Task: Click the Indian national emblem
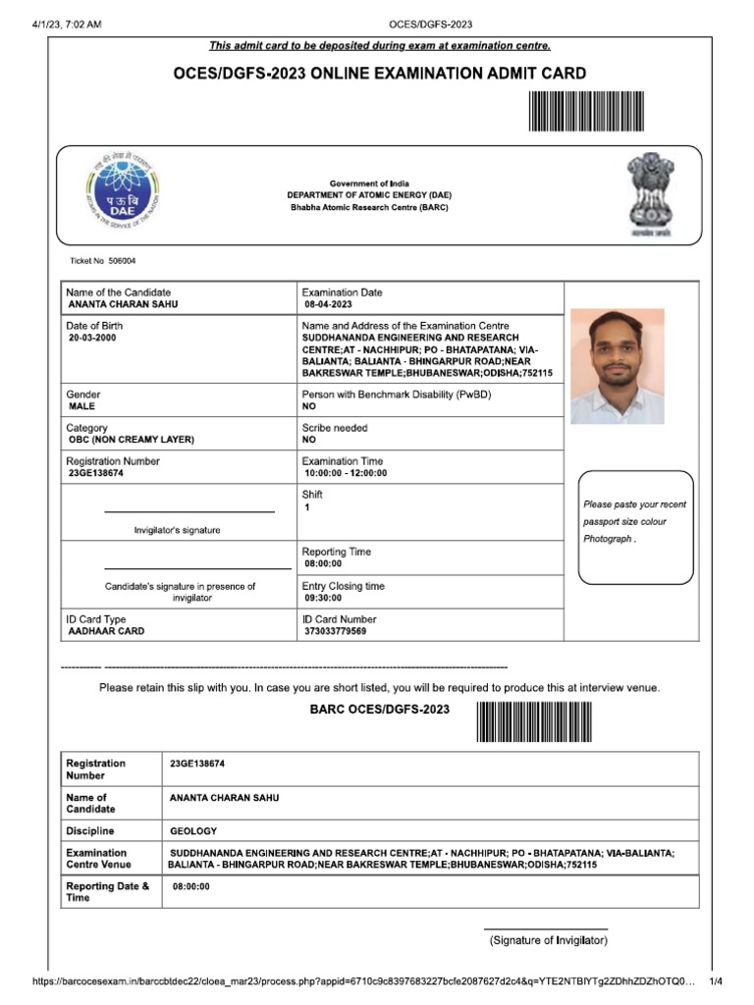coord(651,193)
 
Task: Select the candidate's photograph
coord(617,366)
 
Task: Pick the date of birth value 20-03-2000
coord(92,338)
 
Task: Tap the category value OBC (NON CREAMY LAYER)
coord(131,440)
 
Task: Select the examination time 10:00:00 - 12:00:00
coord(347,473)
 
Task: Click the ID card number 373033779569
coord(336,632)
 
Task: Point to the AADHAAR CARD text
coord(106,632)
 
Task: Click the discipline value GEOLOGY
coord(193,831)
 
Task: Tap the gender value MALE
coord(82,405)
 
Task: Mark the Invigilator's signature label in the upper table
coord(177,530)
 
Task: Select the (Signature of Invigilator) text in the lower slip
coord(549,941)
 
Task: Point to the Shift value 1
coord(307,507)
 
